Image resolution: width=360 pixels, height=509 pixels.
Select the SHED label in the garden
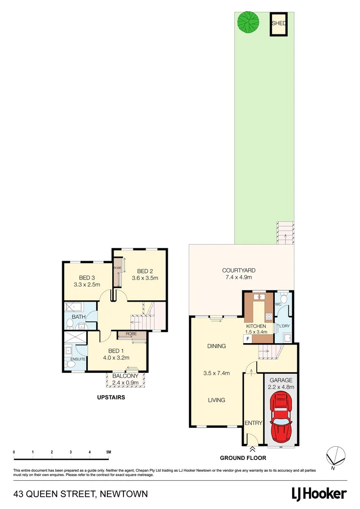[x=278, y=23]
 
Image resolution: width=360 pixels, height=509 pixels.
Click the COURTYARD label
[x=239, y=271]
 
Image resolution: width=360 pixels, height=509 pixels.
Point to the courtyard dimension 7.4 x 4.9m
[x=239, y=278]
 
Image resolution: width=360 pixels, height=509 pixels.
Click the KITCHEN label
[x=256, y=326]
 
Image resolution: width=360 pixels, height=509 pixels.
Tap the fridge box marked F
[x=247, y=338]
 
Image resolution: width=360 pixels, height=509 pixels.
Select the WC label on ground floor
[x=278, y=305]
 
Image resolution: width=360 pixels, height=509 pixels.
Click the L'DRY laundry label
[x=284, y=326]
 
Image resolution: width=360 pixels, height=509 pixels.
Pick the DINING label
[x=216, y=346]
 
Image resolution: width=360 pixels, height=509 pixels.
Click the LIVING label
[x=216, y=400]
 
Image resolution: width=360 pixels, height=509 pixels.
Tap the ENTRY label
[x=253, y=423]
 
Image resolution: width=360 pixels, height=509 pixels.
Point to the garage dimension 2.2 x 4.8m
[x=281, y=387]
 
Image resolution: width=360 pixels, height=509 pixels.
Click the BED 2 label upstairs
[x=145, y=271]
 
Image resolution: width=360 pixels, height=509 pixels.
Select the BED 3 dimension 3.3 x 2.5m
[x=87, y=285]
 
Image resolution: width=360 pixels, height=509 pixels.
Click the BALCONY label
[x=125, y=376]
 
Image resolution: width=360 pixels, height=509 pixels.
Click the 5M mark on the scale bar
[x=108, y=452]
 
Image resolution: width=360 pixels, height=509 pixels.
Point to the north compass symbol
[x=334, y=455]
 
